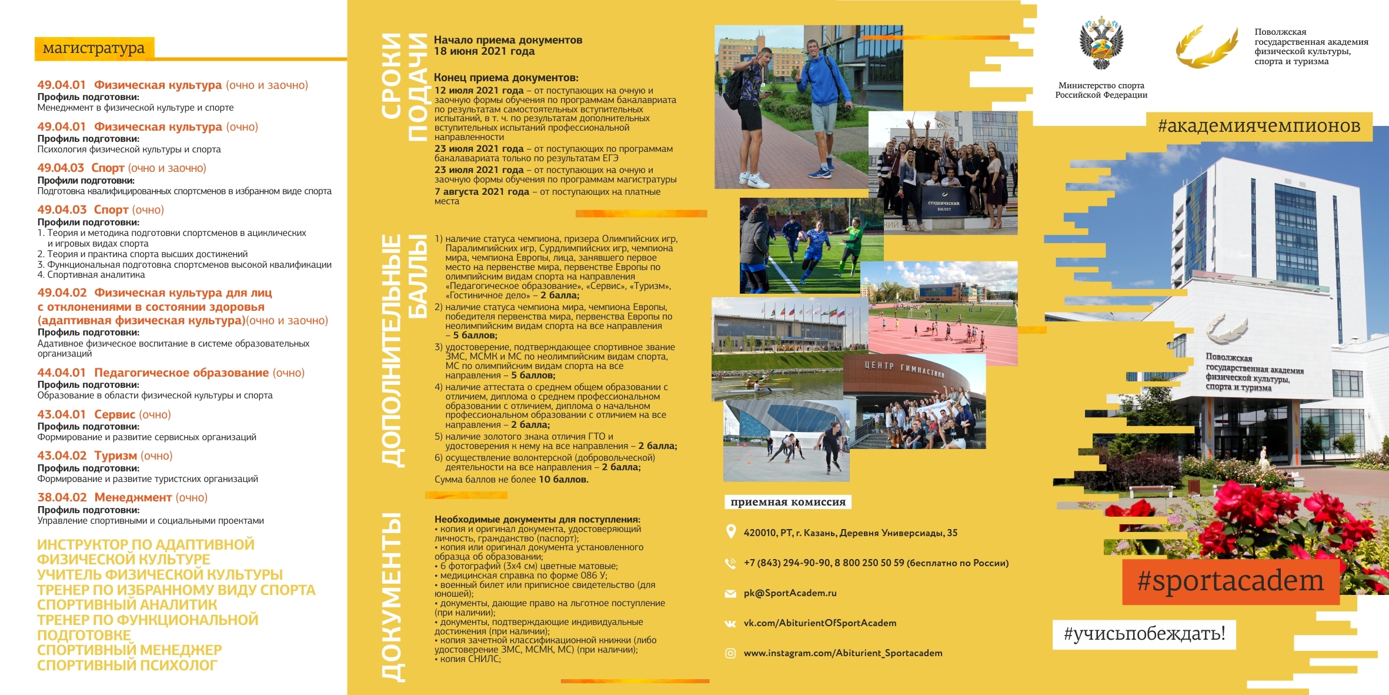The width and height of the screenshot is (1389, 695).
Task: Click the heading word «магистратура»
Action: [x=94, y=48]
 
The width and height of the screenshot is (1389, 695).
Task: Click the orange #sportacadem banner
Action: [x=1230, y=581]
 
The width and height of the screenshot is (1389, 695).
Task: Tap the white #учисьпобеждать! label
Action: [x=1144, y=634]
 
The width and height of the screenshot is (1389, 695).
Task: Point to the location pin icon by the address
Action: [x=730, y=532]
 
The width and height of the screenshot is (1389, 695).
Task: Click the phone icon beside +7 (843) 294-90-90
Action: [x=730, y=563]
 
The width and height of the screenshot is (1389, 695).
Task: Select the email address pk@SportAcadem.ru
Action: [x=790, y=593]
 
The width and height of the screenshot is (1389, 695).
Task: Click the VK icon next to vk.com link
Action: [x=730, y=624]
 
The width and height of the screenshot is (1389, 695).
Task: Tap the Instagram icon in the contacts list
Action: [x=730, y=653]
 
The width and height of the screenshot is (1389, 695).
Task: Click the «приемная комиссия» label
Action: [x=787, y=502]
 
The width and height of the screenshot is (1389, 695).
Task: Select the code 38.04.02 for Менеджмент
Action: [x=62, y=498]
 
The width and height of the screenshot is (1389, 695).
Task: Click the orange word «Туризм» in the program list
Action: [x=115, y=456]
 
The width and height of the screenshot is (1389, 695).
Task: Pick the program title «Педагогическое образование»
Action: [x=181, y=373]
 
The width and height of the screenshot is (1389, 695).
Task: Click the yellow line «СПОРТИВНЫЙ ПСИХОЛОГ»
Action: [x=127, y=666]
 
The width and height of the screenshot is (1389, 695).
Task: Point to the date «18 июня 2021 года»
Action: [x=484, y=51]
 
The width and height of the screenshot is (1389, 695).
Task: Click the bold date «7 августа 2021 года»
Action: [x=482, y=192]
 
